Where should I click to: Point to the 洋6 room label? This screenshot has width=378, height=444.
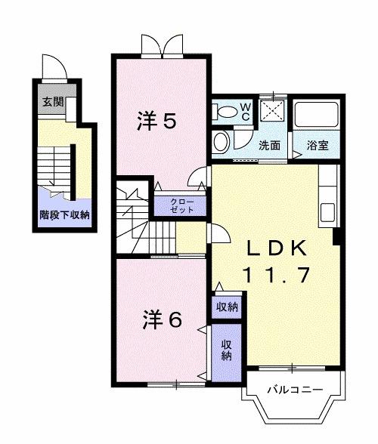pos(162,319)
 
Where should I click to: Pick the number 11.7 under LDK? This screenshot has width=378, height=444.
pos(276,276)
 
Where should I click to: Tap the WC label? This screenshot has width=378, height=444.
pos(246,113)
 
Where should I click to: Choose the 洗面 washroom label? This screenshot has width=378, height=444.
pos(270,146)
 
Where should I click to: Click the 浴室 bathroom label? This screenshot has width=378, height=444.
pos(317,146)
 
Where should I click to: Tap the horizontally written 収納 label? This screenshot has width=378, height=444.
pos(227,307)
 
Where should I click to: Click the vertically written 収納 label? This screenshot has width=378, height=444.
pos(226,350)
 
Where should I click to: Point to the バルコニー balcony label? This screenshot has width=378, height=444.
pos(295,390)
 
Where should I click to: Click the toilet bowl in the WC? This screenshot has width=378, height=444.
pos(226,113)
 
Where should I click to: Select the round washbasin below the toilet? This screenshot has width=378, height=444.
pos(222,141)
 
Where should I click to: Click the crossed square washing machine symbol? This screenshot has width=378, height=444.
pos(270,112)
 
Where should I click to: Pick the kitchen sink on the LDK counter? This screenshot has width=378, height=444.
pos(328,212)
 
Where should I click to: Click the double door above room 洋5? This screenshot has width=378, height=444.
pos(161,45)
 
